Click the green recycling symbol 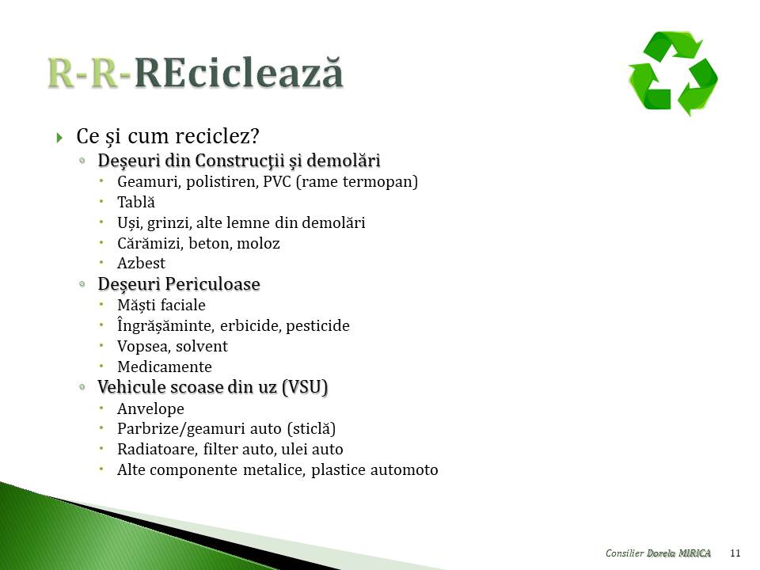(x=673, y=73)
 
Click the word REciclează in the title (x=238, y=73)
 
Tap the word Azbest (x=141, y=263)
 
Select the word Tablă (x=135, y=202)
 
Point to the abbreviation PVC (x=277, y=182)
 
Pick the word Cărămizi (x=150, y=242)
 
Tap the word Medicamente (x=165, y=367)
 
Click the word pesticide (x=317, y=325)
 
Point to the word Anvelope (x=150, y=408)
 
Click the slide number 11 (x=735, y=553)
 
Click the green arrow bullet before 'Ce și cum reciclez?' (x=59, y=138)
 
